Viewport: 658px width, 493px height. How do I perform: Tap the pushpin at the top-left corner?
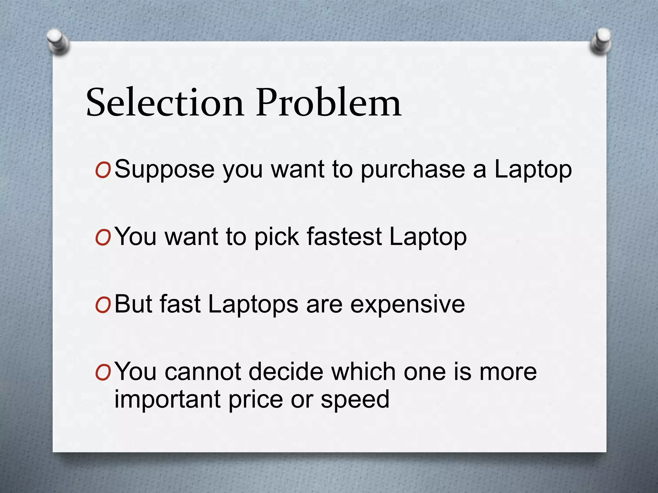point(58,41)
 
